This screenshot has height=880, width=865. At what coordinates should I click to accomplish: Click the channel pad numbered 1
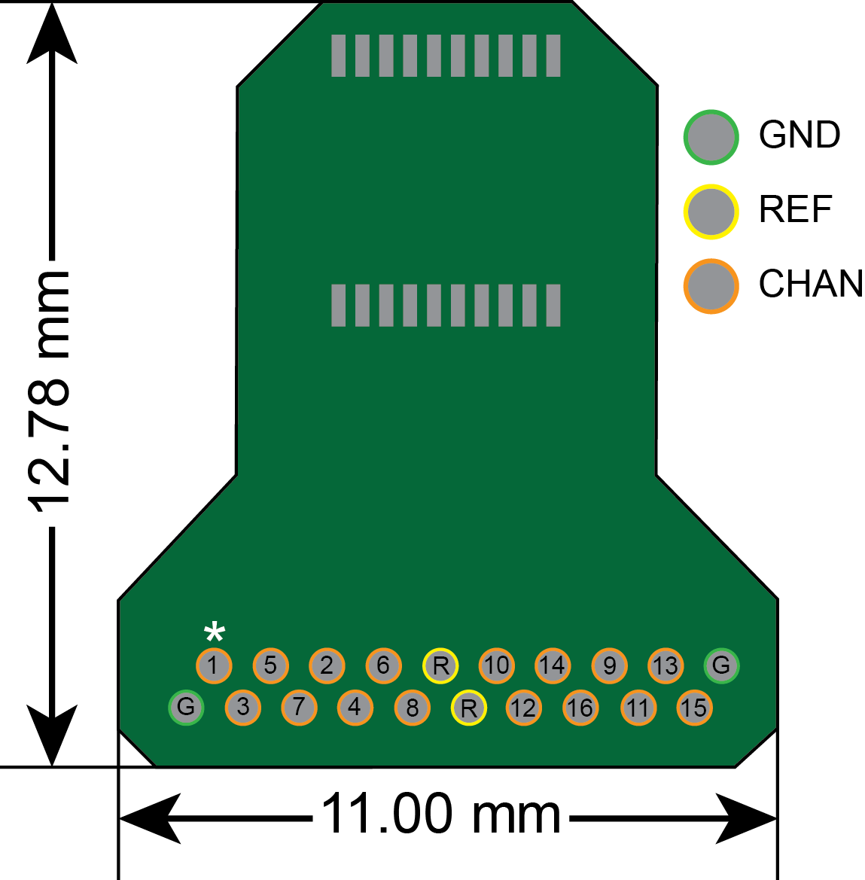[214, 665]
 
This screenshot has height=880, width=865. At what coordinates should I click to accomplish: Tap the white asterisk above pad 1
[215, 632]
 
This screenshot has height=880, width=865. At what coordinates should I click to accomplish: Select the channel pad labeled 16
[580, 708]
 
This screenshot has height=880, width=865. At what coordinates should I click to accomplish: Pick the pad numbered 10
[496, 665]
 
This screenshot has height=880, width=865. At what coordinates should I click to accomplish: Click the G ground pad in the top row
[721, 665]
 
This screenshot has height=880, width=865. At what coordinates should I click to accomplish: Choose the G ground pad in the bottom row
[186, 707]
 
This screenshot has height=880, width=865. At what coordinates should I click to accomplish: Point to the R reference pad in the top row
[440, 665]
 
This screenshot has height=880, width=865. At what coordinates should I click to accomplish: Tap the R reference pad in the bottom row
[468, 708]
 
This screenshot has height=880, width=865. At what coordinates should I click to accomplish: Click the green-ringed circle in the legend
[711, 137]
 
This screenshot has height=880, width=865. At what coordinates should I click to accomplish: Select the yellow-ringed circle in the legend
[711, 212]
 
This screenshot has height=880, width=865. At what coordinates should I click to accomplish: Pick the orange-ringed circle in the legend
[711, 286]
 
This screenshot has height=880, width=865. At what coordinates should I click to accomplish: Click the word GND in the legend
[800, 136]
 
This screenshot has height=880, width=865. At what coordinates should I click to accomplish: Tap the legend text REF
[795, 210]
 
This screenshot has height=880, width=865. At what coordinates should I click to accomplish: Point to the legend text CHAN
[811, 285]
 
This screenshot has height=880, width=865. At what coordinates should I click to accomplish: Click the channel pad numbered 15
[694, 708]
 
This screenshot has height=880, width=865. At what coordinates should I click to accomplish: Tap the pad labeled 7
[299, 708]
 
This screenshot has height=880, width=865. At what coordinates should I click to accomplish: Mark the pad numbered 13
[666, 665]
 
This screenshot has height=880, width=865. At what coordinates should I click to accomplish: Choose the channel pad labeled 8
[412, 708]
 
